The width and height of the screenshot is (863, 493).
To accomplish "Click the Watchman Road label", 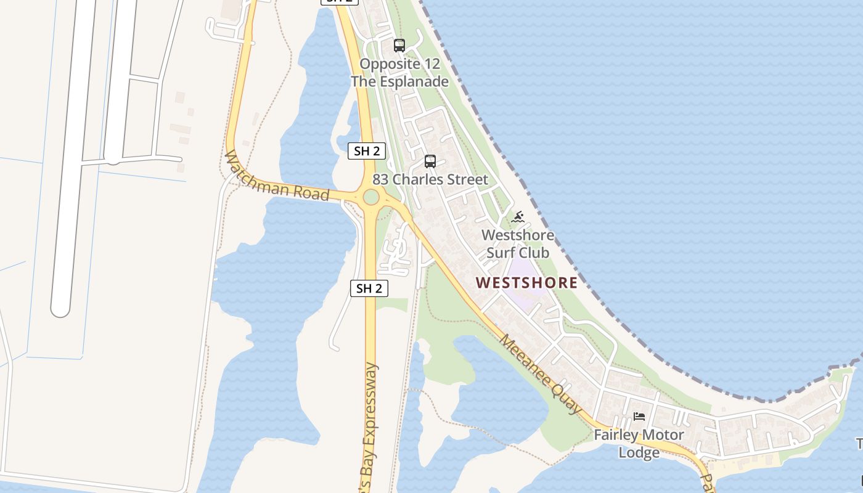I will pos(277,176).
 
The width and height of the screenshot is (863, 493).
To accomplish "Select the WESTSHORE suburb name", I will pos(527,283).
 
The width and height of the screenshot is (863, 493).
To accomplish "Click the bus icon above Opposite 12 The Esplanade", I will pos(399,45).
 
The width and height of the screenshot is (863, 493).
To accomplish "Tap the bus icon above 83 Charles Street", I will pos(430,161).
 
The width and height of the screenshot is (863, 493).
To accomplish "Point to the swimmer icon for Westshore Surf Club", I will pos(518,217).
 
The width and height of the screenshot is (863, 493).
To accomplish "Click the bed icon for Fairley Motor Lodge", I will pos(639,417).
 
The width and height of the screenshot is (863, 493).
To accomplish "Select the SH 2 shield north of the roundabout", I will pos(367,151).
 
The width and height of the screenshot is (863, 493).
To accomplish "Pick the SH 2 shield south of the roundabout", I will pos(369,288).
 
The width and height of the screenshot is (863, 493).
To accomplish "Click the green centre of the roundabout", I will pos(370,197).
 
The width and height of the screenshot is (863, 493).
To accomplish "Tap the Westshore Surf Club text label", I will pos(518,244).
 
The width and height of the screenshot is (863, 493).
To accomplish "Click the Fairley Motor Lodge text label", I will pos(639,444).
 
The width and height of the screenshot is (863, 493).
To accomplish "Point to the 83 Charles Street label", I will pos(430,180).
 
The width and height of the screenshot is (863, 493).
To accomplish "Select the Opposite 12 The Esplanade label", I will pos(399,73).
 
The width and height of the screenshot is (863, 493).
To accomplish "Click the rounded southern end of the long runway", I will pos(60,308).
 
